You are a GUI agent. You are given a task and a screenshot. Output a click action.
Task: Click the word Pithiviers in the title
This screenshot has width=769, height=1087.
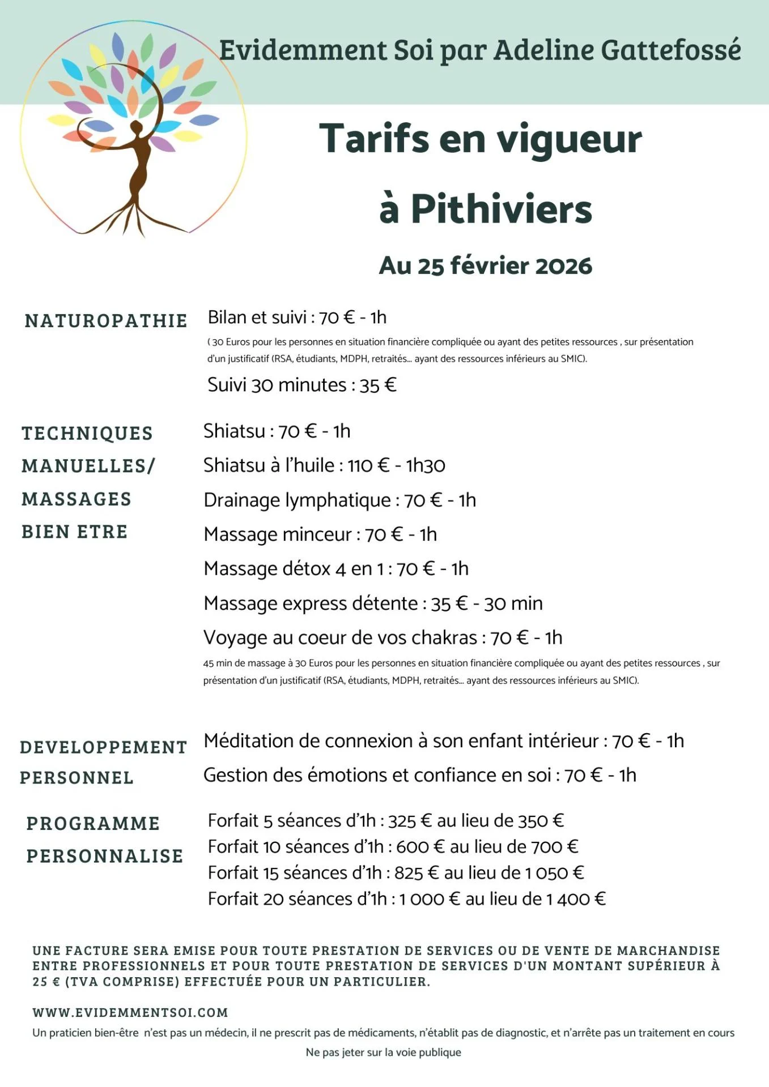tap(501, 209)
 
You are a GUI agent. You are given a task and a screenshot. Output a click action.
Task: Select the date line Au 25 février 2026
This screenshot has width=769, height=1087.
tap(485, 266)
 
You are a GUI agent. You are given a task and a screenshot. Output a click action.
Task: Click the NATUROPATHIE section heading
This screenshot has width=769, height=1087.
tap(106, 320)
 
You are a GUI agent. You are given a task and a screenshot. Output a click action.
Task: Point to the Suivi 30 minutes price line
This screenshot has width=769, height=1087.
tap(301, 385)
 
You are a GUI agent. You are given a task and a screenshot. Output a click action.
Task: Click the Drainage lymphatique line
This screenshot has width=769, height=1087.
tap(339, 500)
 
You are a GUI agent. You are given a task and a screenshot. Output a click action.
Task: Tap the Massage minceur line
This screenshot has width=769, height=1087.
tap(320, 534)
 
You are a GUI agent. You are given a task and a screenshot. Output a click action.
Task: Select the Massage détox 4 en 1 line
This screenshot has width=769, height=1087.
tap(336, 568)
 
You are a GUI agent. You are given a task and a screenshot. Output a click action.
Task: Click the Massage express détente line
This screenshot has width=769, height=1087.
tap(373, 604)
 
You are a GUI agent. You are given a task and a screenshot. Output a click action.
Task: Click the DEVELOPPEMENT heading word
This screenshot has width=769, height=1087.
tap(104, 747)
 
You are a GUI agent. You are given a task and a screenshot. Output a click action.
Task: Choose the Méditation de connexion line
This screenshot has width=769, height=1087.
tap(443, 741)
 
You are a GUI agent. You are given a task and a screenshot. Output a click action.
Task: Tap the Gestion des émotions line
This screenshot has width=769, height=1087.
tap(419, 775)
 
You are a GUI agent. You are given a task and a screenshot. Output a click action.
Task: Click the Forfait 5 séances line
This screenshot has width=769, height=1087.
tap(386, 820)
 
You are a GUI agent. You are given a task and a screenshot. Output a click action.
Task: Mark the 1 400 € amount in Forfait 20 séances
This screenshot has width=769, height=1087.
tap(576, 899)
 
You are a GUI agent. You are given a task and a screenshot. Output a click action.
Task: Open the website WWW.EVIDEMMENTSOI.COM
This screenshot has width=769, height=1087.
tap(130, 1012)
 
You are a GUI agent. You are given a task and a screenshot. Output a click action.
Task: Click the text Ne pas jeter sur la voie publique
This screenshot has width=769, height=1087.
tap(384, 1052)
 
